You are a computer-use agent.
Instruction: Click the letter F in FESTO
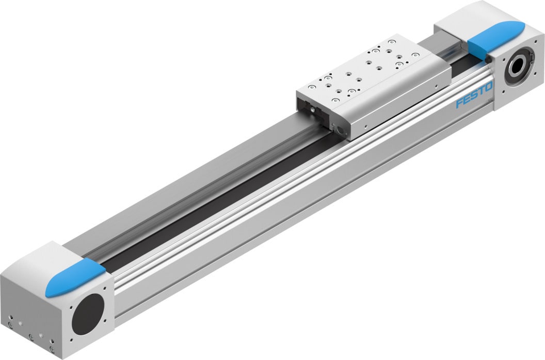pyautogui.click(x=459, y=104)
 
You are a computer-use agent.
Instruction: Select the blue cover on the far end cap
pyautogui.click(x=496, y=38)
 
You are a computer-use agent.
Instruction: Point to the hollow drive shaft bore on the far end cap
pyautogui.click(x=518, y=67)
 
